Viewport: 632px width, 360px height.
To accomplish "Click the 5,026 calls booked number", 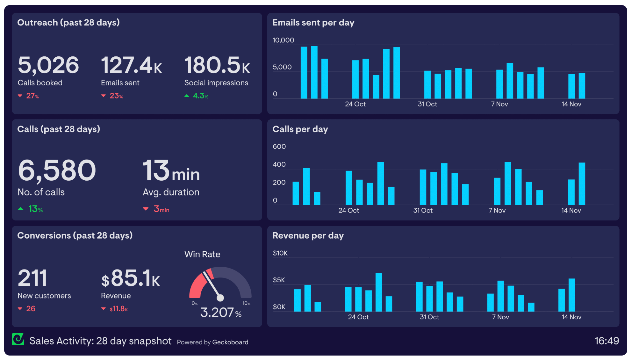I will [x=48, y=65].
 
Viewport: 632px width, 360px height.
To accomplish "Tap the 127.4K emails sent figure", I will [x=131, y=65].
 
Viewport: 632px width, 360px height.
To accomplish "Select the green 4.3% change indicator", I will [x=197, y=96].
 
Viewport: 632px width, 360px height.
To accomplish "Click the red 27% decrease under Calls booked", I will [x=29, y=96].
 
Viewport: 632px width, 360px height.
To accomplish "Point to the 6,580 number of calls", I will [x=57, y=171].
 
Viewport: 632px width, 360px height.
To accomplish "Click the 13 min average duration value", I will [x=171, y=171].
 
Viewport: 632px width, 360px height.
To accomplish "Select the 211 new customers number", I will [x=32, y=278].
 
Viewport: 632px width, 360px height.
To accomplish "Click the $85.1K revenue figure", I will [x=131, y=278].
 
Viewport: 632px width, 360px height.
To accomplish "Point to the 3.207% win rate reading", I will [x=220, y=313].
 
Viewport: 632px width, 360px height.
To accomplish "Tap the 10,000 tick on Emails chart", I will [x=283, y=40].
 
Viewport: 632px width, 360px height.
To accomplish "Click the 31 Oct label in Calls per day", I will [x=423, y=211].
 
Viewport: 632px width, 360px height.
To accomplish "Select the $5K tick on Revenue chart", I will [x=279, y=280].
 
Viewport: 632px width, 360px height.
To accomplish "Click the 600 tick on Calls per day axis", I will [x=279, y=147].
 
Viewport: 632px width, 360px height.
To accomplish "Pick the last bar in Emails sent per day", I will [x=582, y=86].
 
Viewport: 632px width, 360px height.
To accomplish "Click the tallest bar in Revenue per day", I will [x=378, y=292].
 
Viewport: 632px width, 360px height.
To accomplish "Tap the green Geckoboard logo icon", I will [x=18, y=340].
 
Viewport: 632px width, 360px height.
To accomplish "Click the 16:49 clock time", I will [x=607, y=341].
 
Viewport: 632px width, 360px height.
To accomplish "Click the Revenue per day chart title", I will [x=308, y=236].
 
